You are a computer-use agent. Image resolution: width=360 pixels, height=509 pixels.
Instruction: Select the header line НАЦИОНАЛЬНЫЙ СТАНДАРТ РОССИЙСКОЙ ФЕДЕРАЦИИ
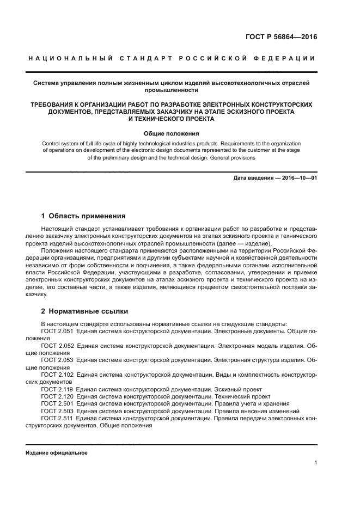coord(172,58)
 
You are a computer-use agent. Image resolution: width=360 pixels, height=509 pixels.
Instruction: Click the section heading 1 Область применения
coord(83,216)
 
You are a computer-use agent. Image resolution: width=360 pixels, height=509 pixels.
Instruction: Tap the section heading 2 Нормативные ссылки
coord(84,311)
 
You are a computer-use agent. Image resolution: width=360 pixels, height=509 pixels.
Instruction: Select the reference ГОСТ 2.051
coord(57,330)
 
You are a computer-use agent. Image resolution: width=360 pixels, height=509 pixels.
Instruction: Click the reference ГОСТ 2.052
coord(57,345)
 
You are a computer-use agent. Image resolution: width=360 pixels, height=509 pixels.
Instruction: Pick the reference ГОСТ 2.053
coord(57,360)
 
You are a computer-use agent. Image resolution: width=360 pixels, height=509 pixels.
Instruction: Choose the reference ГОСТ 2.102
coord(57,375)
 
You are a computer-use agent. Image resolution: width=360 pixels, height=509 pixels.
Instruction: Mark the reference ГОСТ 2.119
coord(57,389)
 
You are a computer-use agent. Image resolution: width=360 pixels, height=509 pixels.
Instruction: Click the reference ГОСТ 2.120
coord(57,396)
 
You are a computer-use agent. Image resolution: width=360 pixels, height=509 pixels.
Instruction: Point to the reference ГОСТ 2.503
coord(57,411)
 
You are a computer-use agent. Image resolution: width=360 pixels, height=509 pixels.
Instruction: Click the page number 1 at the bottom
coord(315,463)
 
